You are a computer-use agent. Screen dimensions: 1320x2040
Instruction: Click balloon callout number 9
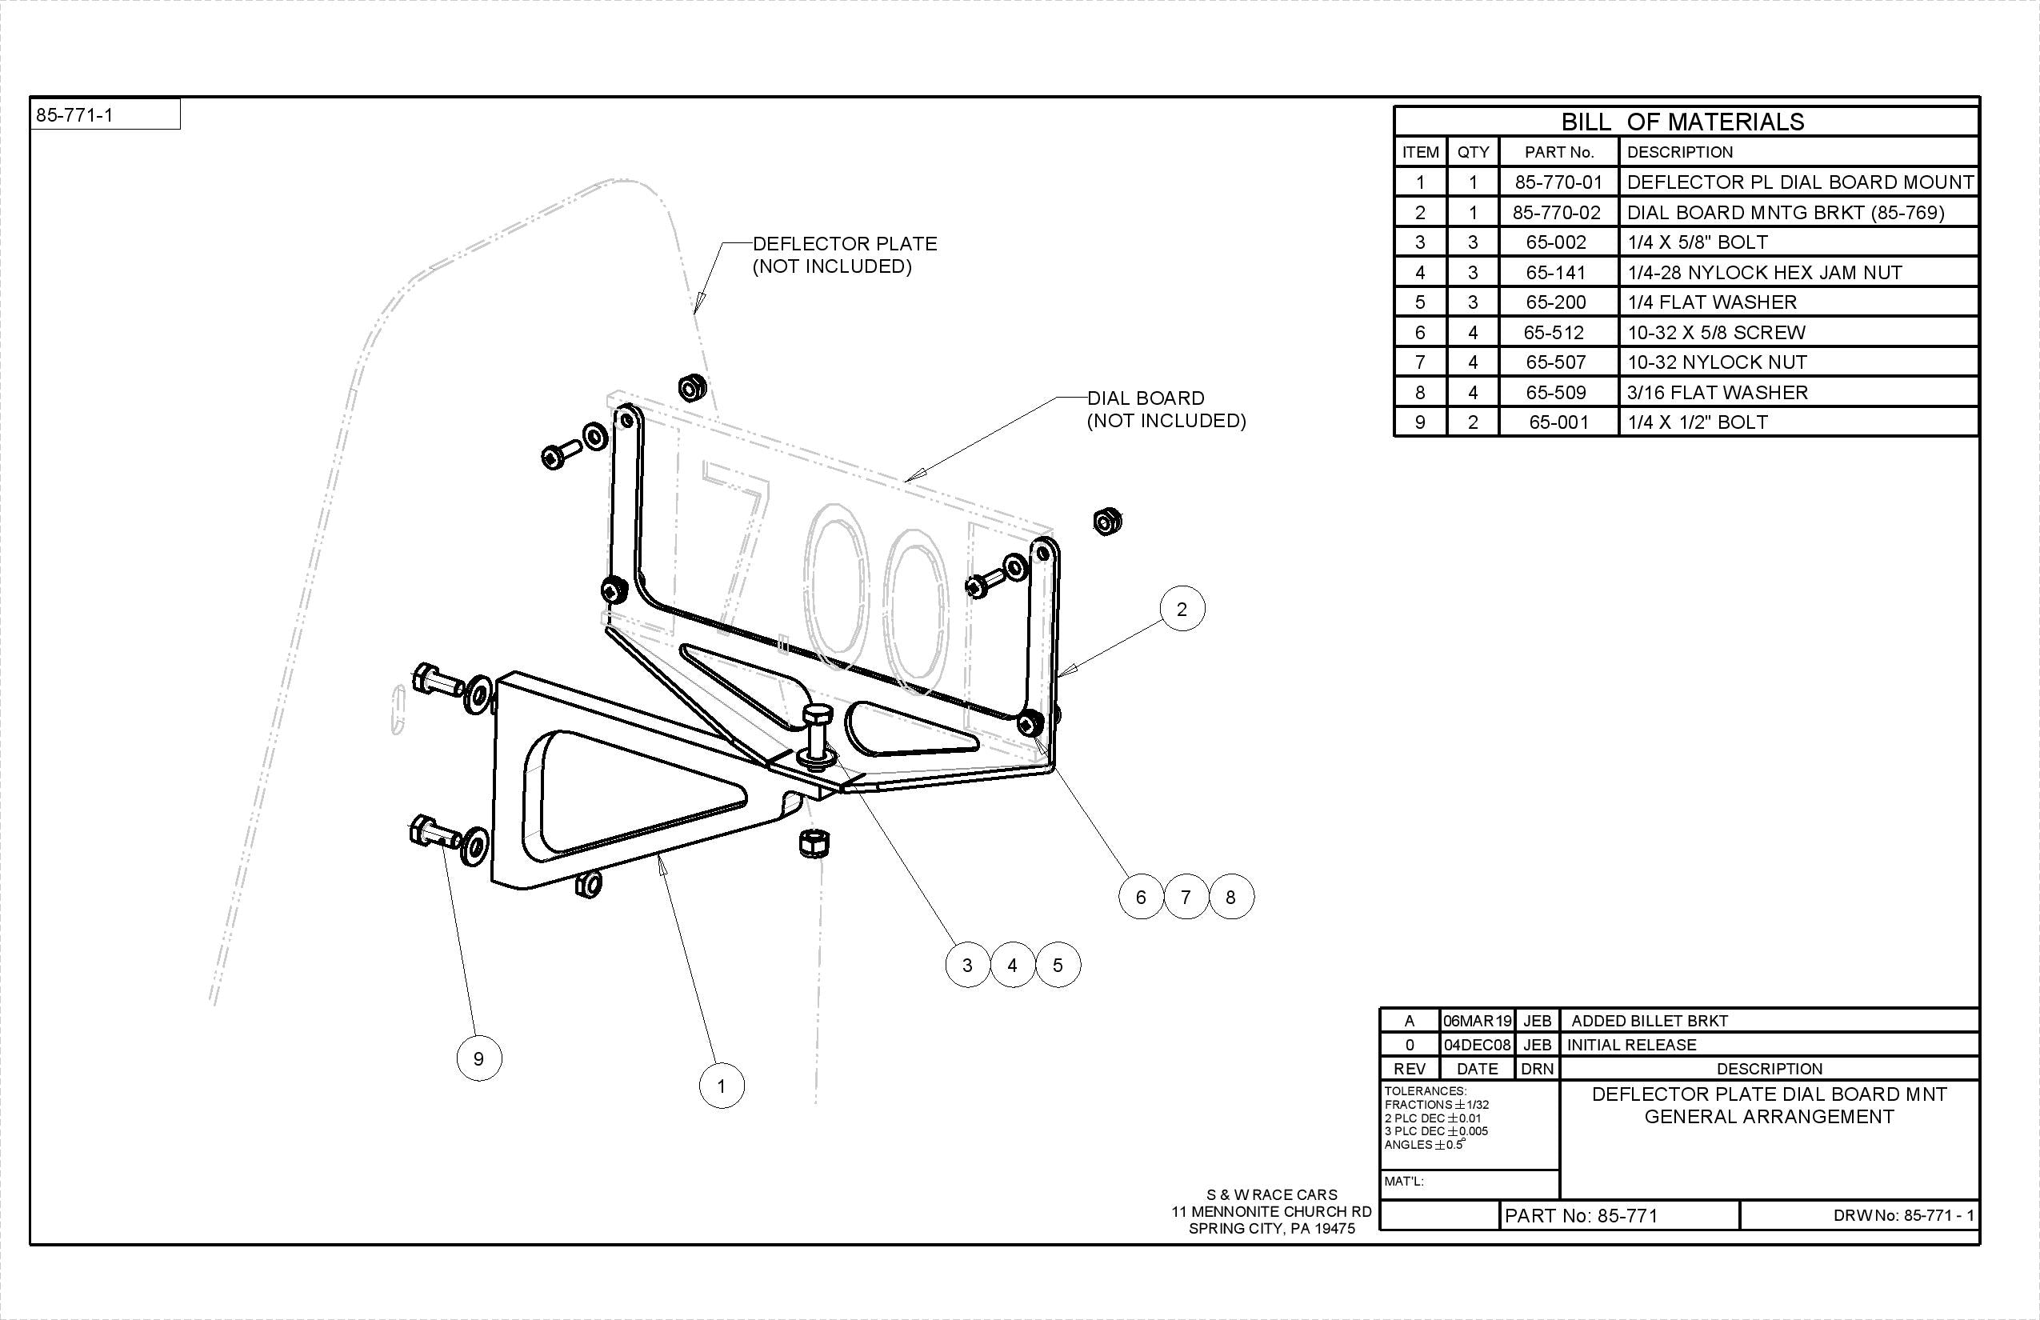click(x=479, y=1058)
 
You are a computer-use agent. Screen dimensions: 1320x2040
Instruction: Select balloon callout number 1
click(x=722, y=1086)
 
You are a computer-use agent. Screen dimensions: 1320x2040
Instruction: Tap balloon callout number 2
click(x=1182, y=610)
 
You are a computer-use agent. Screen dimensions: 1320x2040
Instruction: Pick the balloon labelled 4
click(x=1012, y=965)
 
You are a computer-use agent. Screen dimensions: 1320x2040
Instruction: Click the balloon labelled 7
click(x=1186, y=898)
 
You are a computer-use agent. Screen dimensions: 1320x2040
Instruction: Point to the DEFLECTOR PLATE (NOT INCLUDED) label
click(x=843, y=254)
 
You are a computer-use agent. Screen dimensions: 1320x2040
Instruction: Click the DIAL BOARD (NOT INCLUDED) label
click(x=1166, y=409)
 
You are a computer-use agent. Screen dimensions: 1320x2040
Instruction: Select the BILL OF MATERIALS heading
click(x=1682, y=122)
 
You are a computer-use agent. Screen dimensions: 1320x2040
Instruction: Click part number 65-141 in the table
click(x=1556, y=273)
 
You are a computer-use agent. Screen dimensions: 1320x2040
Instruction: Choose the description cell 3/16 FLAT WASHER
click(x=1717, y=393)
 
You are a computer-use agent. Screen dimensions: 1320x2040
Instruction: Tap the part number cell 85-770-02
click(x=1556, y=213)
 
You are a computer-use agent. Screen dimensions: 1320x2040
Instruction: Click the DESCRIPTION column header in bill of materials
click(x=1679, y=153)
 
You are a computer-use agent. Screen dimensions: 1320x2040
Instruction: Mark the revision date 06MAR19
click(x=1477, y=1021)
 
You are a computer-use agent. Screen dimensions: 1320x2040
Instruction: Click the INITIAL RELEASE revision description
click(x=1631, y=1045)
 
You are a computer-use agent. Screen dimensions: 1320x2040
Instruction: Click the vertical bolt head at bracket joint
click(x=815, y=718)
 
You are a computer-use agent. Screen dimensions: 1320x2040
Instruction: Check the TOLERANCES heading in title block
click(x=1426, y=1091)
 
